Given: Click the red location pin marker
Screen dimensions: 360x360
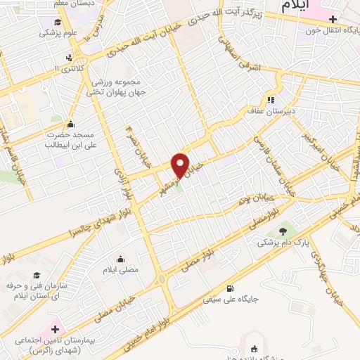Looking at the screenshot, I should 181,165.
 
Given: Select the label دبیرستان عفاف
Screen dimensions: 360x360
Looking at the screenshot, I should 294,111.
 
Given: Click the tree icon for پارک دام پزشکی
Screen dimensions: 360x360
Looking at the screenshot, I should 283,230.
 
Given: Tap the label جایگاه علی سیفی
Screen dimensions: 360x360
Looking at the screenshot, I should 231,298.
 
